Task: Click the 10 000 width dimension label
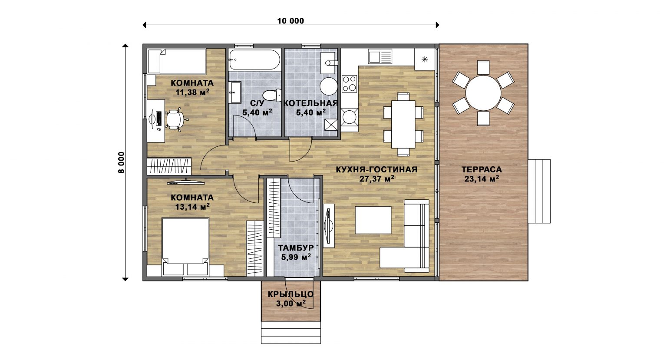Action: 291,21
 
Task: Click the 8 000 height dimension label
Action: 121,162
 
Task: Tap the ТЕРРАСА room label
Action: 482,170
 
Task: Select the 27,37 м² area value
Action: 377,179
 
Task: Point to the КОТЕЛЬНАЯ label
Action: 310,103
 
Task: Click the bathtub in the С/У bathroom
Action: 254,60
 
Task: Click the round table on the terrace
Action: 483,93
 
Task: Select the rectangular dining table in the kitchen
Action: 403,124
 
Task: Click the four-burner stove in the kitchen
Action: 349,84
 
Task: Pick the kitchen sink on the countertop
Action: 380,56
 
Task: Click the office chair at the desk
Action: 175,119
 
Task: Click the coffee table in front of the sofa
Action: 373,220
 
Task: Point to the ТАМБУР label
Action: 296,248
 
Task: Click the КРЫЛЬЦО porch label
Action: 291,294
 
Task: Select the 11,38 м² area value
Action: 192,92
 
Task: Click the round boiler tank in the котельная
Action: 329,86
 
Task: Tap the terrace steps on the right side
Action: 539,191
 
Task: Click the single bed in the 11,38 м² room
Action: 177,61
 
